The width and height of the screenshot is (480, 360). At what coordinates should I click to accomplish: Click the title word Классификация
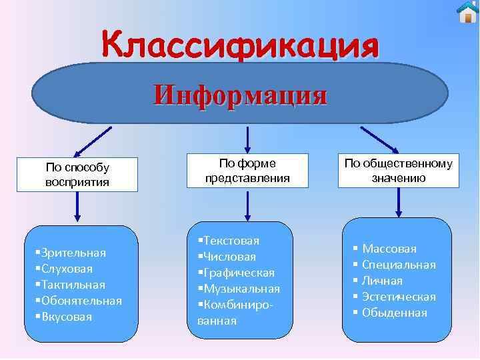(x=241, y=47)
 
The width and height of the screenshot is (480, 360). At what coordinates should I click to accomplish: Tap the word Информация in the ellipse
(x=240, y=95)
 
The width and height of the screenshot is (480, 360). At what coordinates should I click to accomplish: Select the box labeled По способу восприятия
(x=77, y=175)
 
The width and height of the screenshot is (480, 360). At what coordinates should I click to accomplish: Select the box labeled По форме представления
(x=247, y=171)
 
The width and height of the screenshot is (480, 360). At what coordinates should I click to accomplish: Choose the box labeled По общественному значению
(x=398, y=171)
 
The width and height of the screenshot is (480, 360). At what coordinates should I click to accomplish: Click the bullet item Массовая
(x=389, y=249)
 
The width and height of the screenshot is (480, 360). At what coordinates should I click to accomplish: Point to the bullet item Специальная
(x=399, y=265)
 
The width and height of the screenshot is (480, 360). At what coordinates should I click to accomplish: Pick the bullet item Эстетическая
(x=399, y=297)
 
